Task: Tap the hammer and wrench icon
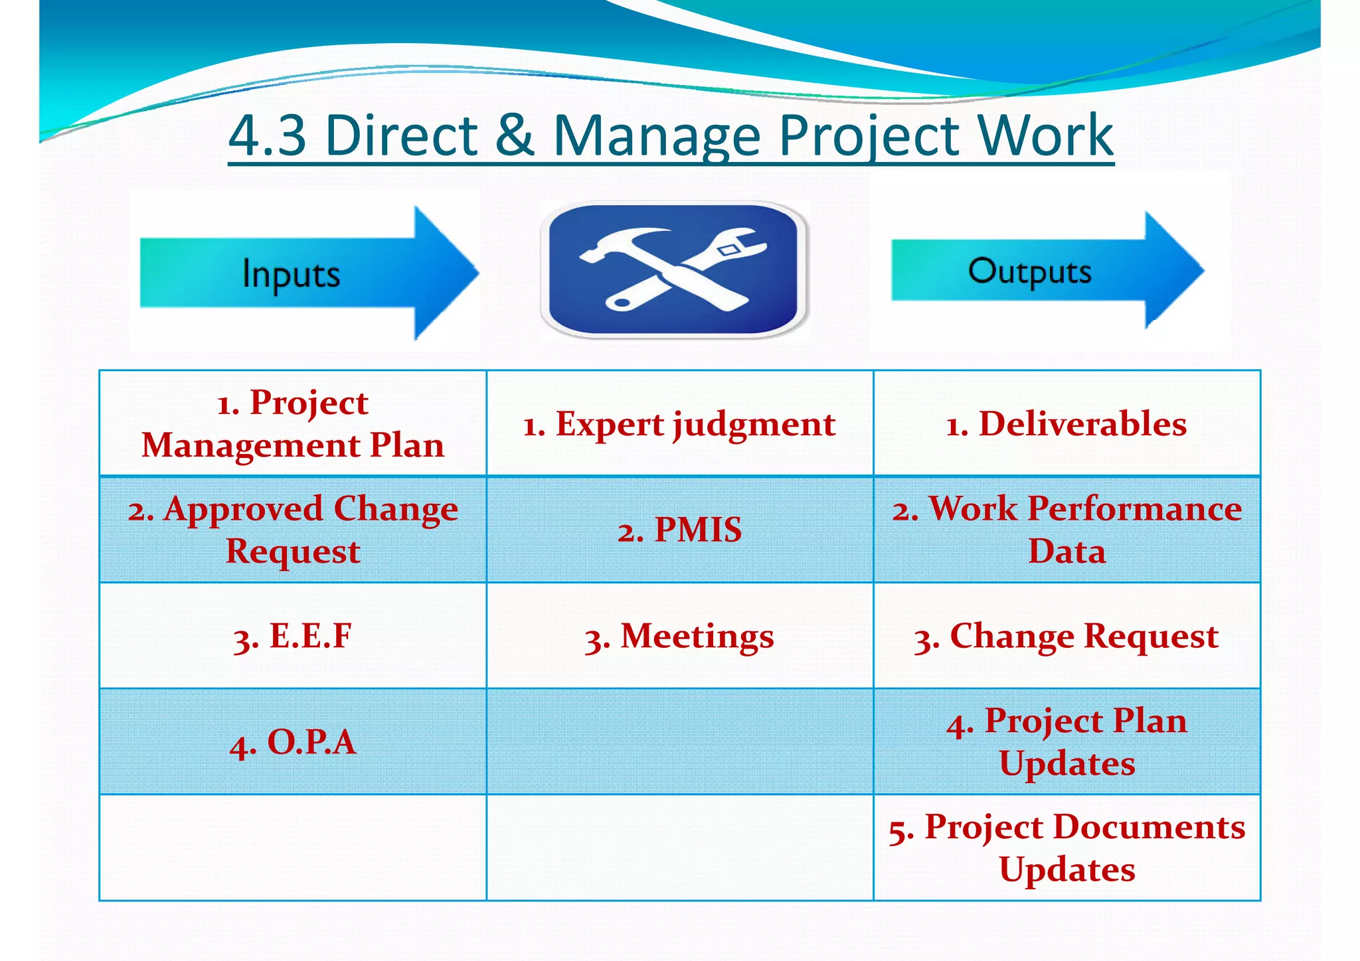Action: point(674,269)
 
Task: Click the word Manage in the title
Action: point(657,136)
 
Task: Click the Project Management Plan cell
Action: point(293,423)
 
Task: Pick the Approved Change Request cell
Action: point(293,530)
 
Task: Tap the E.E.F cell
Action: point(293,636)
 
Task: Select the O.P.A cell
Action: point(293,742)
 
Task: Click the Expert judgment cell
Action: point(679,423)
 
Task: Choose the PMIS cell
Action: point(679,530)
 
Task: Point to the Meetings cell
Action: point(679,636)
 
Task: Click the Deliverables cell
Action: point(1066,423)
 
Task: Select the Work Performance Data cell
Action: point(1066,530)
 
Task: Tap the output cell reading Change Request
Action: point(1066,636)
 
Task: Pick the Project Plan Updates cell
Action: point(1066,742)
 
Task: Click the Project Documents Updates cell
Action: point(1066,848)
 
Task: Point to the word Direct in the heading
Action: point(401,135)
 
